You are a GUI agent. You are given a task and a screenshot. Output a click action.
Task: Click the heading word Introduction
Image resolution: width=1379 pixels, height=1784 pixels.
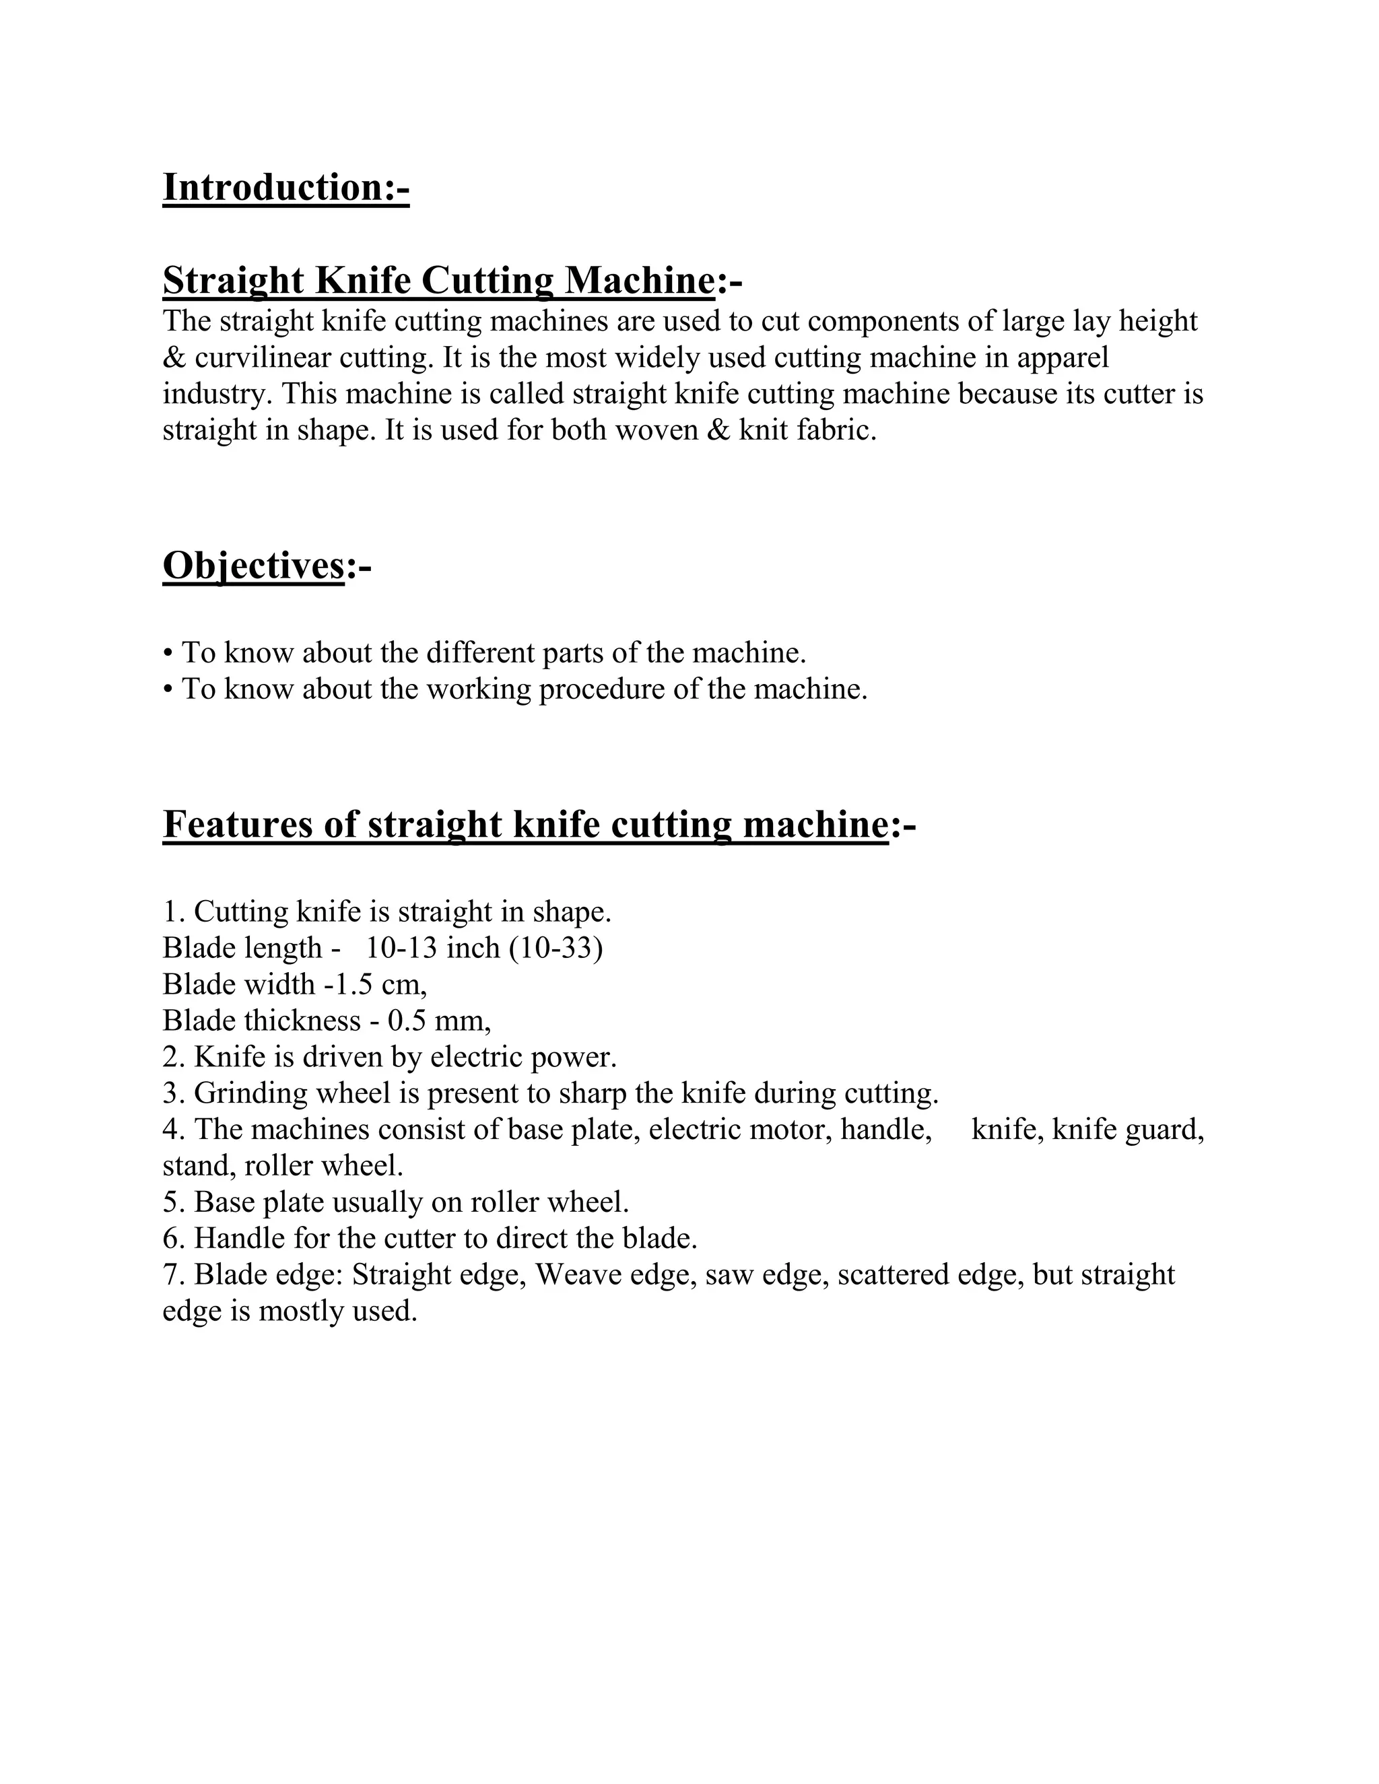273,187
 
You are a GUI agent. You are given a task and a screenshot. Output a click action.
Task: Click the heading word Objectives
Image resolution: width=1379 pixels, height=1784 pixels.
253,564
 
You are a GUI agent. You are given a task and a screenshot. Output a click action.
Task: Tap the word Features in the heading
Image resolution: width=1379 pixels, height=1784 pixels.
238,823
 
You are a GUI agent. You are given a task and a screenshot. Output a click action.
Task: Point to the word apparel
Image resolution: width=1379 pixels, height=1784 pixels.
1063,357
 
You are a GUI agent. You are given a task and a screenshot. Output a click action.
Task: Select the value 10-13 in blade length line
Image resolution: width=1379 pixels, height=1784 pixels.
402,949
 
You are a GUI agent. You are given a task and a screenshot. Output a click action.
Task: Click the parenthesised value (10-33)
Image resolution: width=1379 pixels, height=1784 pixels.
556,949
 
